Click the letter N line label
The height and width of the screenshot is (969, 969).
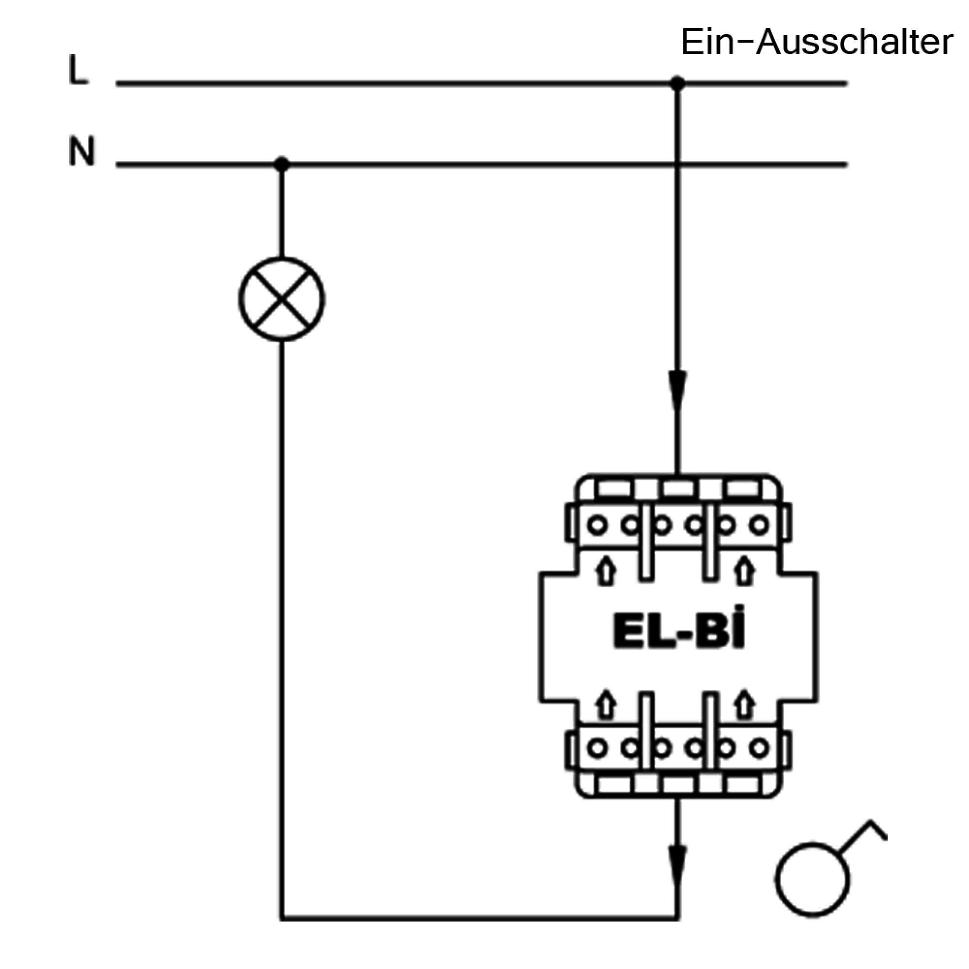pyautogui.click(x=81, y=151)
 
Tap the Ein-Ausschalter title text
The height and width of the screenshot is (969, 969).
pyautogui.click(x=816, y=43)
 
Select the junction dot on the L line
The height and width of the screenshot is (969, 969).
pyautogui.click(x=678, y=83)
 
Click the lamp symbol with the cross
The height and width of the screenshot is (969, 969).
pyautogui.click(x=281, y=299)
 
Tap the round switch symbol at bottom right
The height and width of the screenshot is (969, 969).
pyautogui.click(x=812, y=880)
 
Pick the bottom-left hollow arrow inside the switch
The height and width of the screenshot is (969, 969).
pyautogui.click(x=607, y=704)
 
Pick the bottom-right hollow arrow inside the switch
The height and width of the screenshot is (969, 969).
pyautogui.click(x=745, y=704)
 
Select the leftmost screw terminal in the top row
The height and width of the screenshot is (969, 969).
pyautogui.click(x=597, y=526)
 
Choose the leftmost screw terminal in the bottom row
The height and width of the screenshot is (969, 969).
pyautogui.click(x=597, y=749)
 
